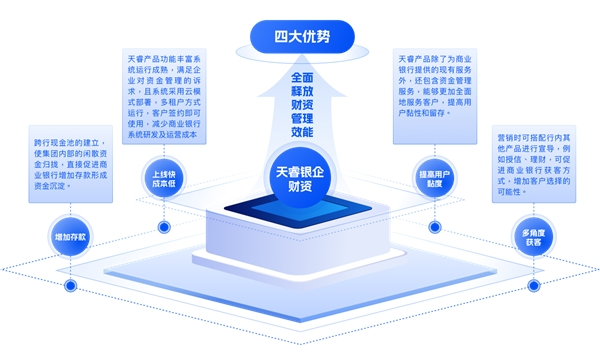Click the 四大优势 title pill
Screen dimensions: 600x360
pos(301,38)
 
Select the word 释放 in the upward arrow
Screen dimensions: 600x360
pos(301,94)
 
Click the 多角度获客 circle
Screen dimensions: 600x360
pos(531,236)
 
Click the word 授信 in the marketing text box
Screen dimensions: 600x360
pos(516,159)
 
